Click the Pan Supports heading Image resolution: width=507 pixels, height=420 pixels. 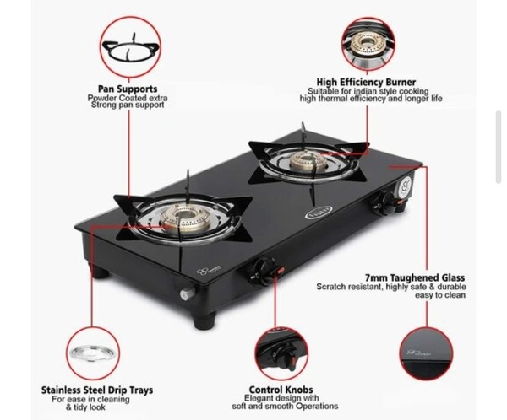(128, 89)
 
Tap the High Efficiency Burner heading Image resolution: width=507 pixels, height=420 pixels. (366, 82)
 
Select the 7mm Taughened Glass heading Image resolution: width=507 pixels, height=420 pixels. (415, 277)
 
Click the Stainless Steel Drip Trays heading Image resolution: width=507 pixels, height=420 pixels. (97, 390)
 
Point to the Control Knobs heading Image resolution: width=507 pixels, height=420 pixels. (281, 390)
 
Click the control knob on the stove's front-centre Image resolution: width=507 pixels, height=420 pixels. (266, 271)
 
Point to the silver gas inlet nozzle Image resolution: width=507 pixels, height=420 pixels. (188, 293)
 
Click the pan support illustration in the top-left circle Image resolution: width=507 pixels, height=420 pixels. (131, 48)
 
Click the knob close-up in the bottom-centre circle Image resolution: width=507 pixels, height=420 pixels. (281, 353)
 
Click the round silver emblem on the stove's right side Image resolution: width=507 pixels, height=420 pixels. (406, 186)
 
